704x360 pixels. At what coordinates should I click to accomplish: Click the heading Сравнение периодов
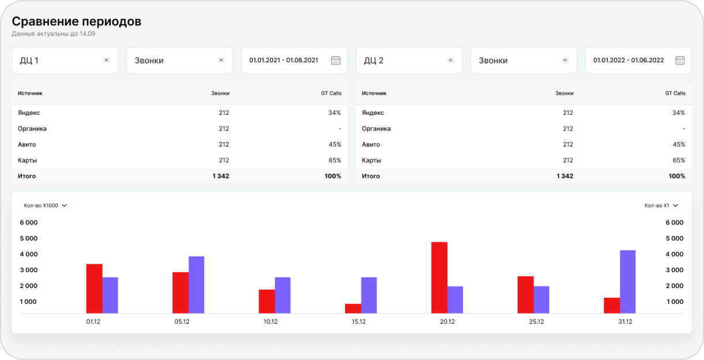pyautogui.click(x=77, y=21)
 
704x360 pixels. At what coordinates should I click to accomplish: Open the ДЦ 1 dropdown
pyautogui.click(x=65, y=60)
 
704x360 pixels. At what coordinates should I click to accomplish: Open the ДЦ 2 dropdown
pyautogui.click(x=409, y=60)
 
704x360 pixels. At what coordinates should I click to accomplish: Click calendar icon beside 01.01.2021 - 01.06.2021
pyautogui.click(x=336, y=60)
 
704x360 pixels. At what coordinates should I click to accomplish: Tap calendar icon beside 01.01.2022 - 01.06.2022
pyautogui.click(x=680, y=60)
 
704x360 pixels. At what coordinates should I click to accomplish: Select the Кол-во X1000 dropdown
pyautogui.click(x=46, y=205)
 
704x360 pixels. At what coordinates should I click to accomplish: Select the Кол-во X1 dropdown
pyautogui.click(x=662, y=205)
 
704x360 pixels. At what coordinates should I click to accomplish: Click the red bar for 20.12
pyautogui.click(x=439, y=277)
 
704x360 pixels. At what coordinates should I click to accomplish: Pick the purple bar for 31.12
pyautogui.click(x=627, y=282)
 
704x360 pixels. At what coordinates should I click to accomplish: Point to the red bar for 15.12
pyautogui.click(x=353, y=309)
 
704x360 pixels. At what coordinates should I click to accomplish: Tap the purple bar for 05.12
pyautogui.click(x=196, y=284)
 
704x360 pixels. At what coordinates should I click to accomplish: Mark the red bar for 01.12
pyautogui.click(x=94, y=288)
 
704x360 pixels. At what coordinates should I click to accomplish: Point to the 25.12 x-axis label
pyautogui.click(x=536, y=322)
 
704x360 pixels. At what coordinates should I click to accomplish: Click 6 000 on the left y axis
pyautogui.click(x=28, y=223)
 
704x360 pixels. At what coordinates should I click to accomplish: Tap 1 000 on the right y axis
pyautogui.click(x=674, y=302)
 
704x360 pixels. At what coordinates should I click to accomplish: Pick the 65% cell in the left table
pyautogui.click(x=334, y=160)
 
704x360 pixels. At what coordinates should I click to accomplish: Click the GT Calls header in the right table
pyautogui.click(x=675, y=93)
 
